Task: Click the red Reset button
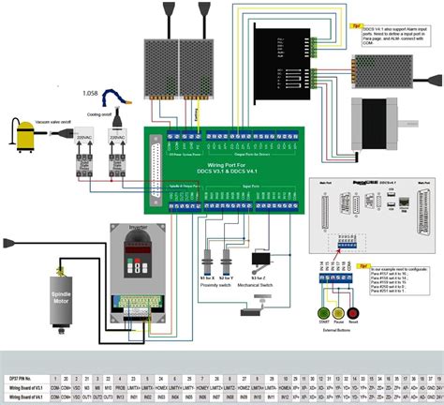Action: click(x=353, y=312)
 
